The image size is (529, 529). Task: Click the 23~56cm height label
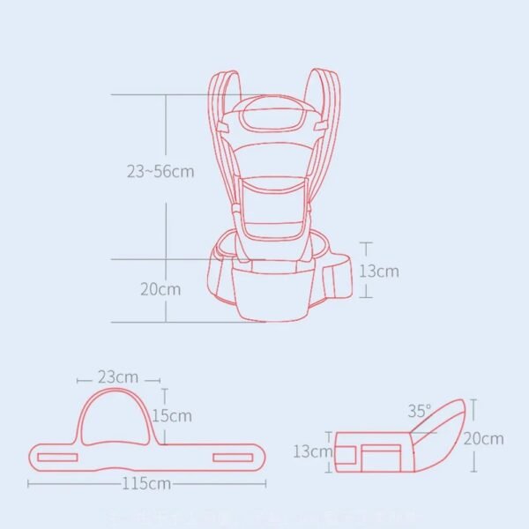point(160,172)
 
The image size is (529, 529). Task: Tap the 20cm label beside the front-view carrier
point(161,289)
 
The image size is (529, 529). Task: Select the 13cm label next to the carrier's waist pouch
point(378,271)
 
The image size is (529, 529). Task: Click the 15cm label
point(173,414)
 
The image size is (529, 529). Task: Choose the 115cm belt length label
point(147,483)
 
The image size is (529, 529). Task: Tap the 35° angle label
point(420,411)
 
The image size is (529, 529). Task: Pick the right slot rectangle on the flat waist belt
point(234,457)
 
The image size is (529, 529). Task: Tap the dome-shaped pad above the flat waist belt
point(118,414)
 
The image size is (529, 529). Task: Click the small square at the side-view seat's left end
point(346,454)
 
